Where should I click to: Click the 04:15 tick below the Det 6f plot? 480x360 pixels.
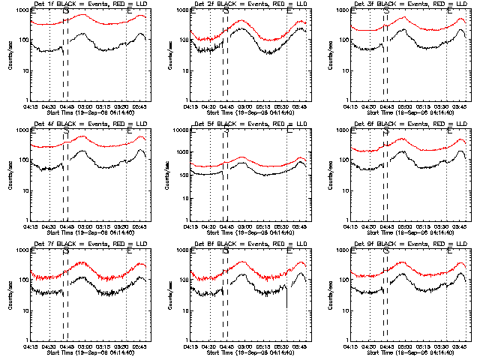(x=349, y=226)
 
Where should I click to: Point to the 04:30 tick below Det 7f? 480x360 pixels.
(x=49, y=346)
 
